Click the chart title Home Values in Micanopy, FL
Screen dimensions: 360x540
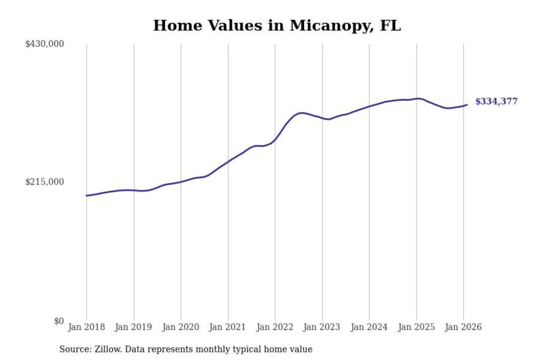(x=277, y=25)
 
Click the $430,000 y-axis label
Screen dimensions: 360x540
(x=45, y=44)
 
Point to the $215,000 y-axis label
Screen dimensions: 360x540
(x=45, y=182)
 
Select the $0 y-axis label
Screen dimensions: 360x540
(x=59, y=321)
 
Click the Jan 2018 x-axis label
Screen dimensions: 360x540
(x=86, y=327)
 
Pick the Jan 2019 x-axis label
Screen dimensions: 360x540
(x=133, y=327)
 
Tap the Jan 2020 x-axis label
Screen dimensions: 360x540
(x=180, y=327)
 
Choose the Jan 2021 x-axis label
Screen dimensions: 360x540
(x=227, y=327)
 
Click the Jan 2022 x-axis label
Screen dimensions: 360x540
(x=274, y=327)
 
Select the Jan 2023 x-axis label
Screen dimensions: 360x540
(x=322, y=327)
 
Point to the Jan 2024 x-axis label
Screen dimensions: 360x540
(x=369, y=327)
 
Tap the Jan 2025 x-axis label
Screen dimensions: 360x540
(x=416, y=327)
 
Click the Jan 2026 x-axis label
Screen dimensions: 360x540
(x=463, y=327)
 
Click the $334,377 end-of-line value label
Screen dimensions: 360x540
(x=496, y=101)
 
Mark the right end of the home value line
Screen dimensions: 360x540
(x=467, y=105)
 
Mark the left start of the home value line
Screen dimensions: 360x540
(x=87, y=195)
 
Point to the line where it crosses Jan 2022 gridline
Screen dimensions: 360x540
(x=275, y=140)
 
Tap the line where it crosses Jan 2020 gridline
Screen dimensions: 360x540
(x=181, y=182)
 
